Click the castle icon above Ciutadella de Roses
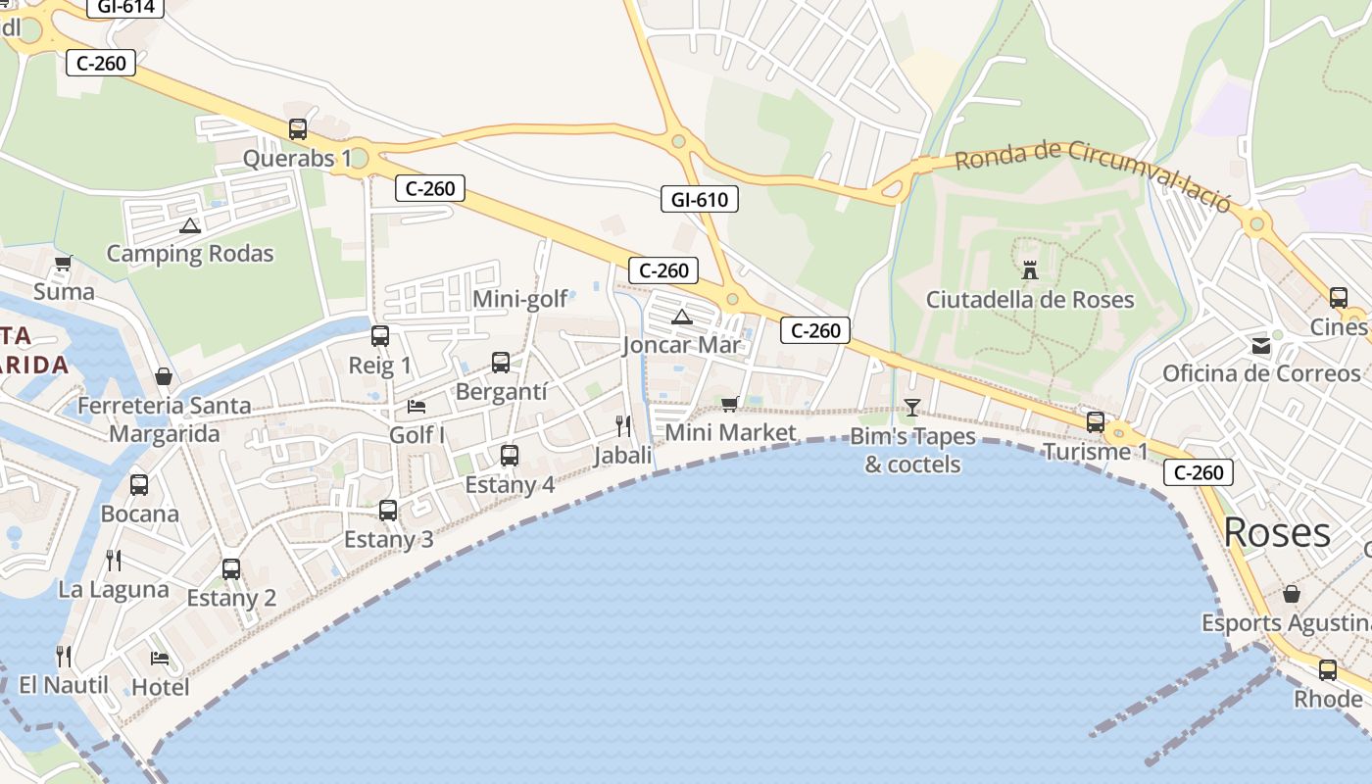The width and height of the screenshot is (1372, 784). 1030,269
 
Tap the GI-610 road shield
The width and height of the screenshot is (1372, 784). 699,200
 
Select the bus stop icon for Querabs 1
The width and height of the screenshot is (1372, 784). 298,129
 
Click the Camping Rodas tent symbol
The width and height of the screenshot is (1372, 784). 190,225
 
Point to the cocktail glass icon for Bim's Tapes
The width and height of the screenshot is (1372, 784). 912,408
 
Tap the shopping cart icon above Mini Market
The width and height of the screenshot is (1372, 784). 730,404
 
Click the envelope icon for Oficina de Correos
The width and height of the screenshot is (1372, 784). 1260,345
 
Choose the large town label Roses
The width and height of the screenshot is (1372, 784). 1277,532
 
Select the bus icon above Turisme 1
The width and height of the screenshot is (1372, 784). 1096,422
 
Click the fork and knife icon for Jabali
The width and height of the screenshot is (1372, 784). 623,425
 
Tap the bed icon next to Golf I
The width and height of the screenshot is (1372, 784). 417,406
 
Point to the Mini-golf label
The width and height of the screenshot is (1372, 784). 519,299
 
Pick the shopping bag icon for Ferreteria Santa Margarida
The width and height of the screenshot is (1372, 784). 164,376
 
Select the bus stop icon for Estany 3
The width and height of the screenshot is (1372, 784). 388,510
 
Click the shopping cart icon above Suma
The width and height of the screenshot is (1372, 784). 64,263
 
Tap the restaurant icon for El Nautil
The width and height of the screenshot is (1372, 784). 64,656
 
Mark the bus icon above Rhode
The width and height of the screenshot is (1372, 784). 1328,670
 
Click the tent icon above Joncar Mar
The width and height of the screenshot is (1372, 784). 682,317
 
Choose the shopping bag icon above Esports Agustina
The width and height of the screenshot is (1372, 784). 1292,594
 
